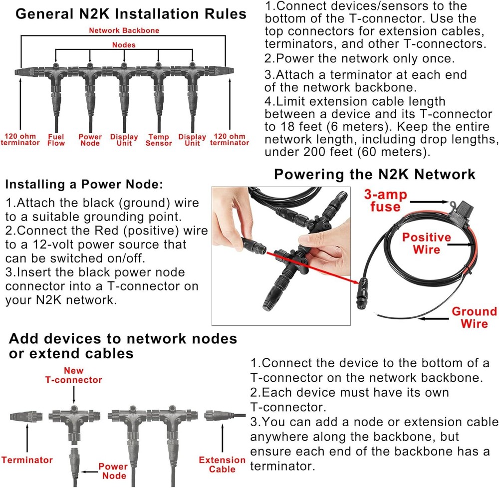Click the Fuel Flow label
(56, 140)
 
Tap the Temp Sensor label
(158, 140)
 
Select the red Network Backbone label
(124, 30)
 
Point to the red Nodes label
(124, 45)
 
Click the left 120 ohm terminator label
(20, 140)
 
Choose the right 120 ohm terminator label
(230, 140)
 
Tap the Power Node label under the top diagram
(90, 140)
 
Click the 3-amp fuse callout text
(385, 200)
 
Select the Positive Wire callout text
(427, 243)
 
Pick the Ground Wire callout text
(474, 318)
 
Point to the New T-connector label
(73, 375)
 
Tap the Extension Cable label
(222, 465)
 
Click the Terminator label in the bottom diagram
(27, 460)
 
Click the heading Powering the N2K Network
(374, 175)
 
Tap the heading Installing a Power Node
(84, 185)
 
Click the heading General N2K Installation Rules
(131, 13)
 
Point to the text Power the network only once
(359, 58)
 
